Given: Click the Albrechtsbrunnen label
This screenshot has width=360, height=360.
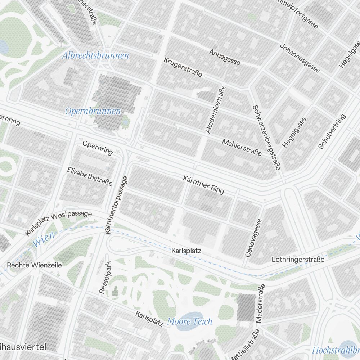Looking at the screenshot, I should (95, 56).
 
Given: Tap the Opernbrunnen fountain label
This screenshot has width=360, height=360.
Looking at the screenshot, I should (93, 111).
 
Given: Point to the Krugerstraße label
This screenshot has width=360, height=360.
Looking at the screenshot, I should (183, 67).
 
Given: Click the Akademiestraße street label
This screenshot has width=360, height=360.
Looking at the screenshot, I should (215, 109).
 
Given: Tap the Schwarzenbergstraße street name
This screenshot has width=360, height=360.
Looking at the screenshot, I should (266, 138).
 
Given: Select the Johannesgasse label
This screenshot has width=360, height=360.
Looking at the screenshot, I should (300, 58).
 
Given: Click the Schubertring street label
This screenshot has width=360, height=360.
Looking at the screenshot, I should (332, 131).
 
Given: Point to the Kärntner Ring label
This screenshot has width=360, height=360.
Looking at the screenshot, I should (203, 184).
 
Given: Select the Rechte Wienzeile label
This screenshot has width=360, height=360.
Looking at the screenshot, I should (35, 265).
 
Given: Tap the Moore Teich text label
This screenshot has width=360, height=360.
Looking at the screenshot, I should (190, 321).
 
